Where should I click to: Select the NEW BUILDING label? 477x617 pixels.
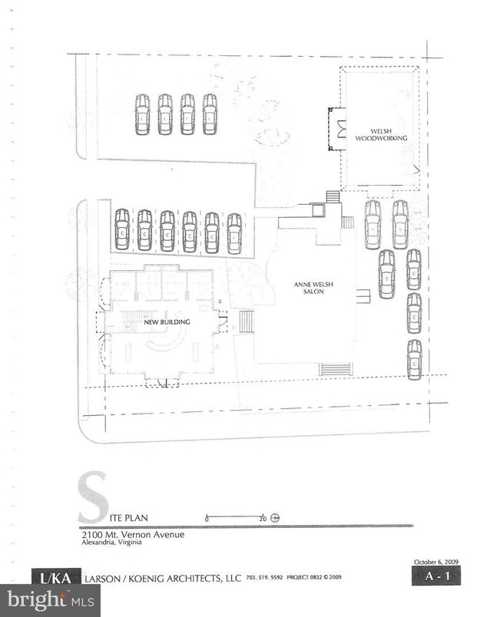point(167,322)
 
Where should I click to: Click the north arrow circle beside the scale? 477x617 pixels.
point(275,517)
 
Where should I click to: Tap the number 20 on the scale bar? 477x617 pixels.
point(262,518)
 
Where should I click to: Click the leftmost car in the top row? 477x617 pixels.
point(142,114)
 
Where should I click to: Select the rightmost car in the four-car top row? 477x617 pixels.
point(210,114)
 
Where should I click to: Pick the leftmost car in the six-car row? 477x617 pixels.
point(122,230)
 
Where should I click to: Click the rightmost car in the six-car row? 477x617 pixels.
point(234,233)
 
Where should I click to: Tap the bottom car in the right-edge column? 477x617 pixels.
point(415,359)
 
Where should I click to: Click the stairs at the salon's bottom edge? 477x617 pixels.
point(335,369)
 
